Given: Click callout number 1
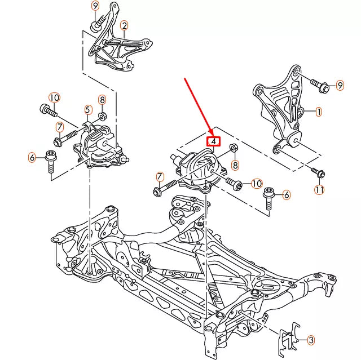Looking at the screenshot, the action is click(318, 112).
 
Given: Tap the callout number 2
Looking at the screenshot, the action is click(124, 26).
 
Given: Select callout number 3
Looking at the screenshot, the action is click(311, 340).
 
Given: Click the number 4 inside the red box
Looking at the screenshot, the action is click(214, 141).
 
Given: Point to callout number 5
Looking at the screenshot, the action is click(87, 110).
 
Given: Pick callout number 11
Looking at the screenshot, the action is click(319, 190).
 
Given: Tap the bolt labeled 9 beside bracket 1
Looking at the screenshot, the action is click(320, 85).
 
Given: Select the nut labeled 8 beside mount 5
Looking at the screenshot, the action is click(102, 116).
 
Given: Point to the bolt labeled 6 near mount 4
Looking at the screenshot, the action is click(268, 198).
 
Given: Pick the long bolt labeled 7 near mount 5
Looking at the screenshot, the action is click(66, 138).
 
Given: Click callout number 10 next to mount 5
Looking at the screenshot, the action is click(54, 97).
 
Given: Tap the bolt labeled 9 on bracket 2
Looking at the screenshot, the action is click(99, 23).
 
